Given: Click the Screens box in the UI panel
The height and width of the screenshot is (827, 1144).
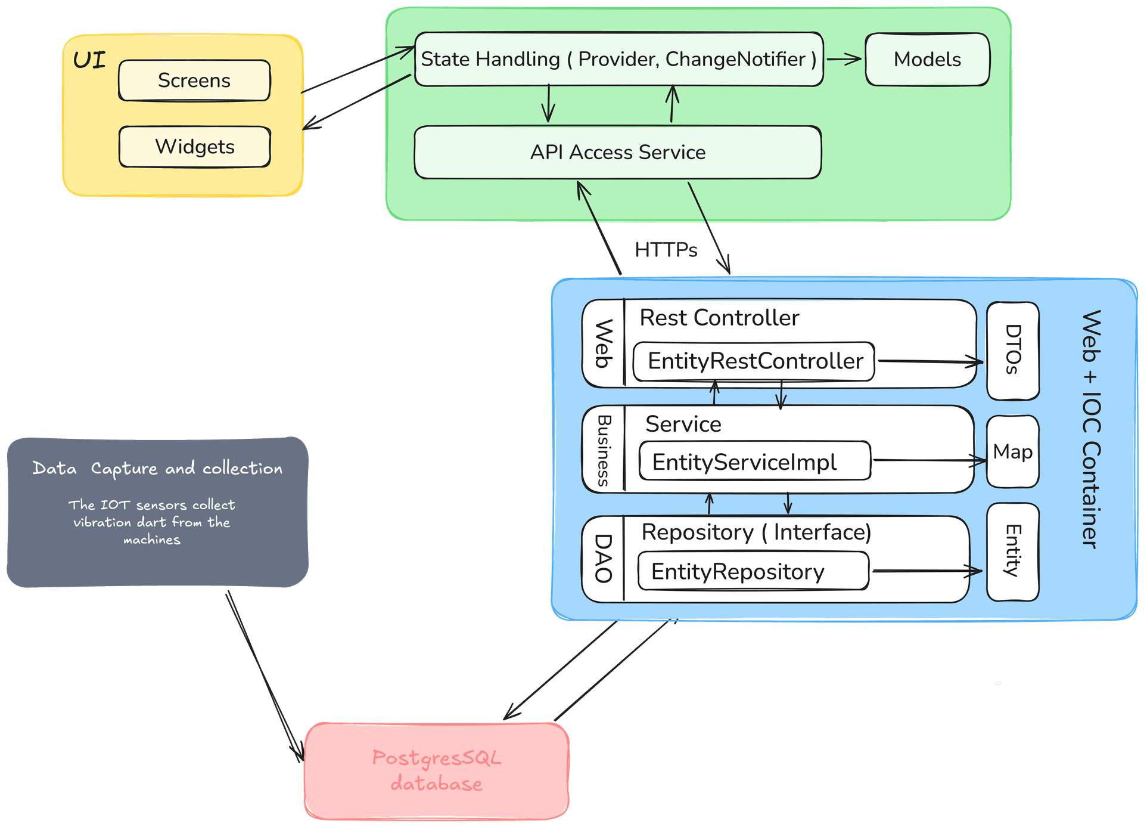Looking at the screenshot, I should (194, 80).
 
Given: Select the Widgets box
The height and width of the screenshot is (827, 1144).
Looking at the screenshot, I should (194, 147).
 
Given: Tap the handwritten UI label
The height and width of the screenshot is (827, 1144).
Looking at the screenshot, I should (89, 60).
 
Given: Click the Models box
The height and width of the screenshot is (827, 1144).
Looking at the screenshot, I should (927, 60).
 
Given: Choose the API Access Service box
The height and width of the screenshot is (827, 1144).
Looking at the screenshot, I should (617, 153).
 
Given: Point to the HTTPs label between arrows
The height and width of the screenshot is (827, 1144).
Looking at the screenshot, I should (666, 250).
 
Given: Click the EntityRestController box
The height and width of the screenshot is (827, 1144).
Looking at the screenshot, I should (754, 361).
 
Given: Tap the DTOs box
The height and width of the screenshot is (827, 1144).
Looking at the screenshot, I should (1013, 351).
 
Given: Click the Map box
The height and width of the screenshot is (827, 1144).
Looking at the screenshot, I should (1013, 452).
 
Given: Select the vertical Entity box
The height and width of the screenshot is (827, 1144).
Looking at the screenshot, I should (1013, 552).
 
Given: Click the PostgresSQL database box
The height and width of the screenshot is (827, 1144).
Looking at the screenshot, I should (437, 770).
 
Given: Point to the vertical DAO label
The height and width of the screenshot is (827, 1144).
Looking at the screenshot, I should (604, 559).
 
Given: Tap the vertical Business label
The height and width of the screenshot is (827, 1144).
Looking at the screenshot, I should (604, 451).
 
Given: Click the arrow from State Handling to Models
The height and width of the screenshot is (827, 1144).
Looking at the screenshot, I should (844, 59).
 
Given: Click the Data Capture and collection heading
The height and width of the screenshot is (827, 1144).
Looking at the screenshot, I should (157, 469).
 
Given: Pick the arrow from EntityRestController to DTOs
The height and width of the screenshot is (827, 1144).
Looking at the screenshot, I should (929, 361).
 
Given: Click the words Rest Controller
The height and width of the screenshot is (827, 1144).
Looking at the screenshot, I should (719, 318).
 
